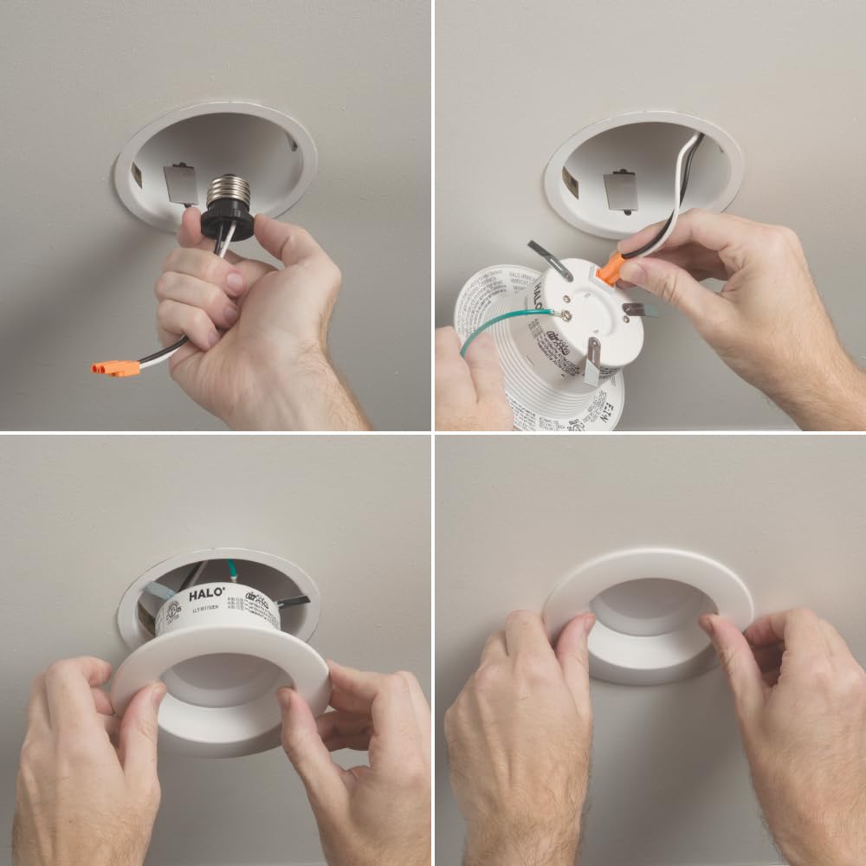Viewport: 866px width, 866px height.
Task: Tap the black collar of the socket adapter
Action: point(227,223)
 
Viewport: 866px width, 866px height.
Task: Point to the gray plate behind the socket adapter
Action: point(180,184)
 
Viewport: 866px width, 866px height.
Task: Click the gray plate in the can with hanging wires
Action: point(620,191)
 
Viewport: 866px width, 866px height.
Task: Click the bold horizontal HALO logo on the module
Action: point(206,596)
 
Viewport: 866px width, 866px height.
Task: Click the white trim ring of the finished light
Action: point(649,567)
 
